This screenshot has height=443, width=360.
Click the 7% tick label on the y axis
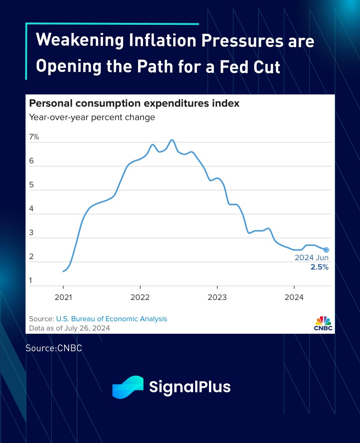tap(34, 137)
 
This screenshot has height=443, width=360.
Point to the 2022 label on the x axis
tap(140, 298)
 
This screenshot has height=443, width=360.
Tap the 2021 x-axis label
tap(63, 298)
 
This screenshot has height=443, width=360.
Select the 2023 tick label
tap(217, 298)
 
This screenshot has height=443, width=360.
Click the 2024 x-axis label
tap(294, 298)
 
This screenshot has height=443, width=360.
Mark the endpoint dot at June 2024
tap(326, 250)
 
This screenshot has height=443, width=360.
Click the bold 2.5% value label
tap(319, 267)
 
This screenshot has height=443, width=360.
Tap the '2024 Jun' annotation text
tap(312, 258)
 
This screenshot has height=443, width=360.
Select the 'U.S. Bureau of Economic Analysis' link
tap(111, 319)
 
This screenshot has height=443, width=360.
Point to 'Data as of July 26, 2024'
tap(69, 328)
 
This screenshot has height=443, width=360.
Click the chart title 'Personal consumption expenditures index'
tap(134, 103)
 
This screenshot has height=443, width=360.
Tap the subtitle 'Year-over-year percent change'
tap(92, 117)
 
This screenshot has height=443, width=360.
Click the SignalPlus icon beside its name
tap(128, 386)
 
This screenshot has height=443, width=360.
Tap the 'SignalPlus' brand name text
tap(190, 387)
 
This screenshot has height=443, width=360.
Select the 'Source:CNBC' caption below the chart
tap(54, 348)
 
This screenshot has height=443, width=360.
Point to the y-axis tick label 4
tap(32, 209)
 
